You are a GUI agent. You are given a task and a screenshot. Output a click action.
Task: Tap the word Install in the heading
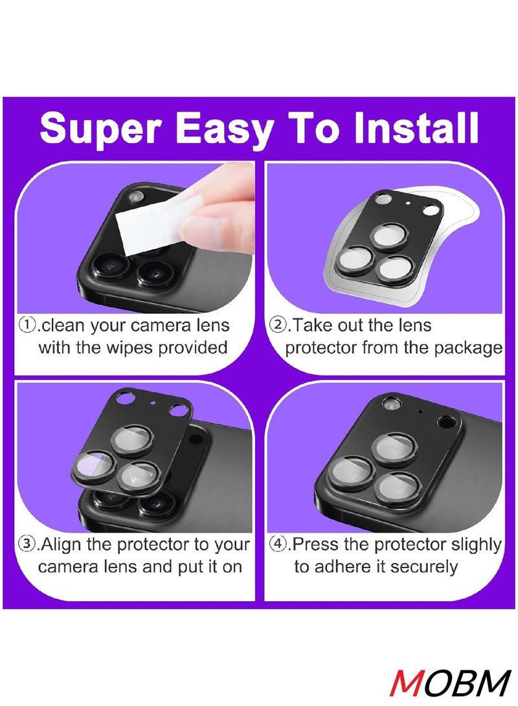[x=414, y=128]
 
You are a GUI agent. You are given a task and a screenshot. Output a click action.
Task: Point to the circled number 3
[x=28, y=544]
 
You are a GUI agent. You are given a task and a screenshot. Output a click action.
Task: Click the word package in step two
[x=469, y=348]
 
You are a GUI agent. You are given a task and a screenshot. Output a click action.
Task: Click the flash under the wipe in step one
[x=136, y=196]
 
